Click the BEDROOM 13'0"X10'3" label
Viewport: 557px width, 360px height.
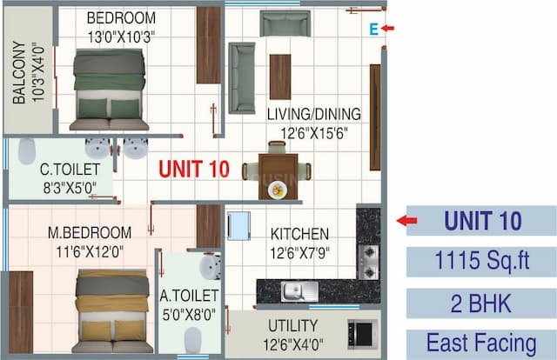(x=122, y=26)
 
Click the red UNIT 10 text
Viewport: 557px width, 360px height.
(x=193, y=169)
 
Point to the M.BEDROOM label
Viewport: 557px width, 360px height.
(x=90, y=241)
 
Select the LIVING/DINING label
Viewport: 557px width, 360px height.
(x=314, y=123)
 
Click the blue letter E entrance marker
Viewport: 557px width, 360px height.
(x=372, y=30)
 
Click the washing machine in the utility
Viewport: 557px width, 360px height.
(x=361, y=332)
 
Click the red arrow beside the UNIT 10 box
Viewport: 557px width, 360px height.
(x=406, y=221)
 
